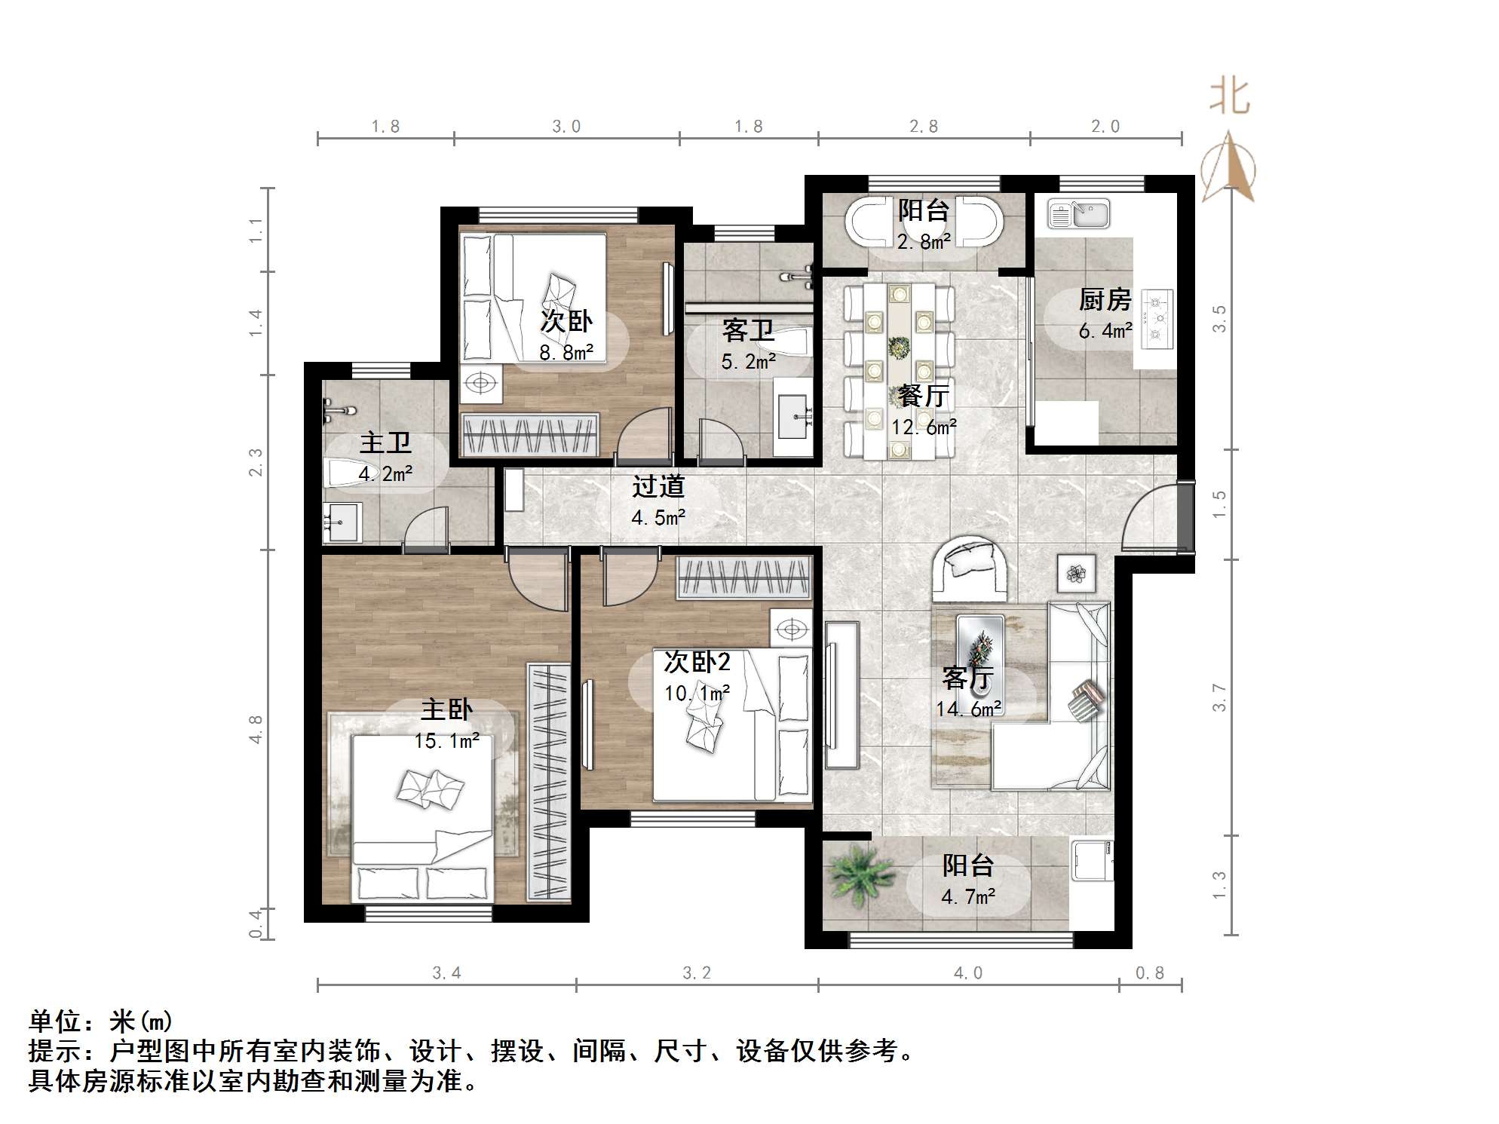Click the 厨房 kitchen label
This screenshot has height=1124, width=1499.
[1105, 300]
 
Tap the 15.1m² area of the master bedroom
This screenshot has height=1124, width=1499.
[446, 741]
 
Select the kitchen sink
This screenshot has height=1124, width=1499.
[1079, 214]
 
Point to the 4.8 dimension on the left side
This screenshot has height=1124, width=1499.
[256, 729]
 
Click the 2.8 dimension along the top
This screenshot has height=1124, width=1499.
[923, 127]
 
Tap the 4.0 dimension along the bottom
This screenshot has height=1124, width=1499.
[968, 973]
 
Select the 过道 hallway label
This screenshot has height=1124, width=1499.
[658, 487]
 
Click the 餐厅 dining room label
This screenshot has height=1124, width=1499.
[923, 396]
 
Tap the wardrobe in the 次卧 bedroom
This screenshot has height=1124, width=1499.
[531, 436]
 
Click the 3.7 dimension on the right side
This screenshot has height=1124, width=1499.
[1219, 697]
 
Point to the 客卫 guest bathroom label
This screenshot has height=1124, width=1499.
[747, 330]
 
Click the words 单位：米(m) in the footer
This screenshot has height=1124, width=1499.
[101, 1021]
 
